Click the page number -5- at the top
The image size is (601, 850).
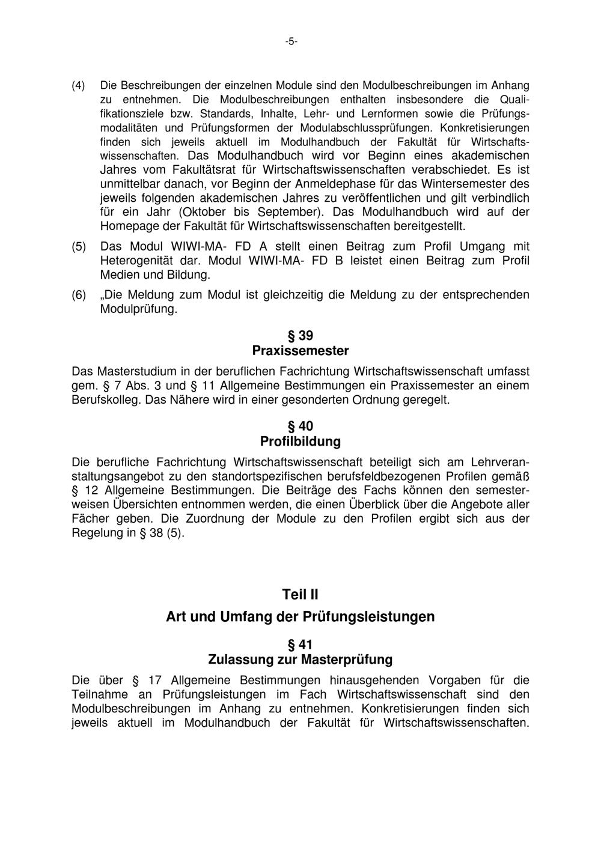(x=291, y=41)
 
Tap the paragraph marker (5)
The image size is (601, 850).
(x=78, y=247)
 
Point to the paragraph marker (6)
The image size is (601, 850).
(x=78, y=296)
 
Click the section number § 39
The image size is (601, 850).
(x=300, y=336)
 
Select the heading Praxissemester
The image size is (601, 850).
(x=300, y=350)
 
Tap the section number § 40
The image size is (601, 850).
(x=300, y=427)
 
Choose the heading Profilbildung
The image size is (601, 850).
(x=300, y=442)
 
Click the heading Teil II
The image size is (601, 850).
(x=300, y=595)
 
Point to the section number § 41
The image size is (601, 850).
(x=300, y=645)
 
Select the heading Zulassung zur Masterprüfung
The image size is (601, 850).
(x=300, y=660)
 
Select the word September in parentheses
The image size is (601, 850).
(x=287, y=212)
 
